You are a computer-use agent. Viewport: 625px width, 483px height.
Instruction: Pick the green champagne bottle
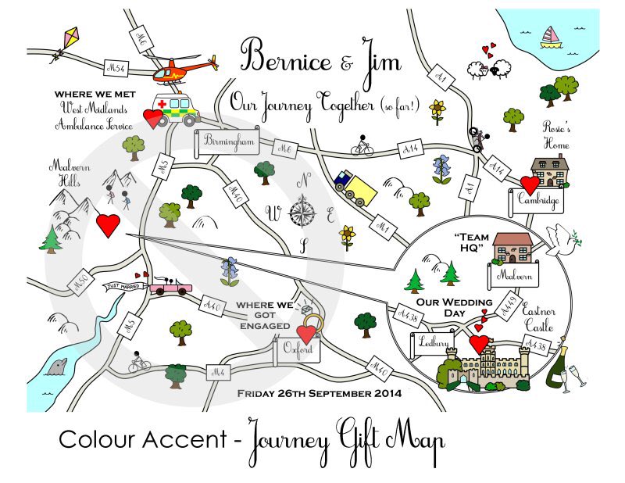[x=559, y=367]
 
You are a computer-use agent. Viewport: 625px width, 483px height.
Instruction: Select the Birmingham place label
[x=227, y=141]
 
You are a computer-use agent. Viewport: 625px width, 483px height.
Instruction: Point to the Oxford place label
[x=298, y=349]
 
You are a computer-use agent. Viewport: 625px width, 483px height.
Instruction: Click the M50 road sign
[x=79, y=283]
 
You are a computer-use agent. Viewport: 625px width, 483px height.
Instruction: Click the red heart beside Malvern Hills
[x=109, y=226]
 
